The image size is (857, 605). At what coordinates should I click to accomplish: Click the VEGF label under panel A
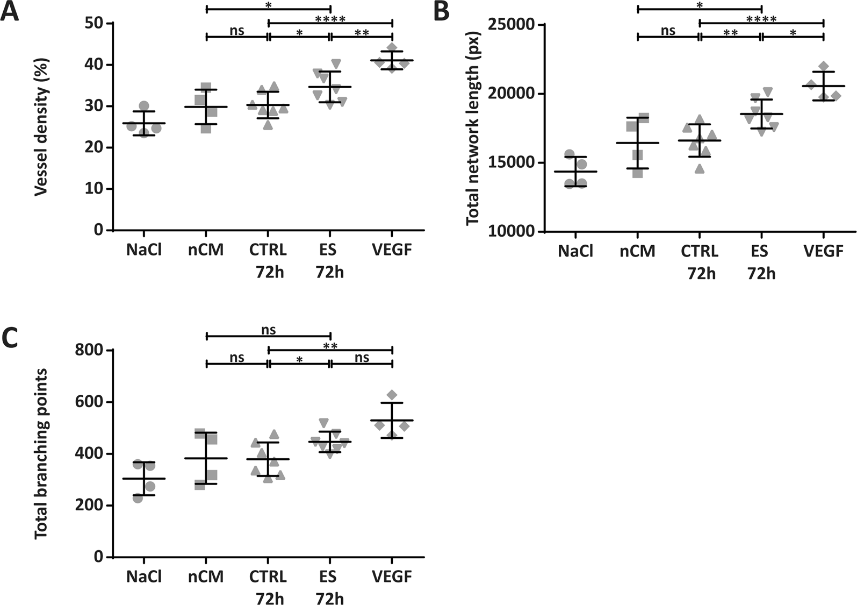pos(392,250)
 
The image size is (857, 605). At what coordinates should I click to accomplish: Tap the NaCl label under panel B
pos(575,251)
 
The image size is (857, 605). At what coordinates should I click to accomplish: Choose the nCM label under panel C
pos(206,577)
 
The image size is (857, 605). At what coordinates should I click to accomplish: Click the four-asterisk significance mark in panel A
pos(330,20)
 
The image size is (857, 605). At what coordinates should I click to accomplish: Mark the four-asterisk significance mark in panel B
pos(761,20)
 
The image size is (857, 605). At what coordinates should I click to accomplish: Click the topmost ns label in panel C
pos(268,330)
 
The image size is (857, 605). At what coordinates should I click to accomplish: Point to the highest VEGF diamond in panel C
pos(392,395)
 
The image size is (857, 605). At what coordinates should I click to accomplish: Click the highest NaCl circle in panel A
pos(144,106)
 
